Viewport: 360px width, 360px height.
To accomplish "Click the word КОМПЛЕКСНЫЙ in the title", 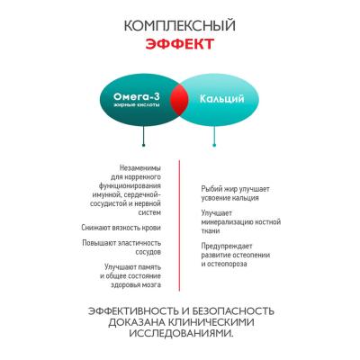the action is tap(180, 25).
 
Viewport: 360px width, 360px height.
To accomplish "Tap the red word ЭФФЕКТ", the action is tap(180, 44).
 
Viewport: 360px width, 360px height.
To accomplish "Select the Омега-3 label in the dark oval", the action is tap(137, 96).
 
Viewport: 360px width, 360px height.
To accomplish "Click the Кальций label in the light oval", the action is tap(221, 99).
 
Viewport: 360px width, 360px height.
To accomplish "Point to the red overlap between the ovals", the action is tap(179, 99).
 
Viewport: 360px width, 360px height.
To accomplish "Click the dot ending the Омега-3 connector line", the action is tap(144, 145).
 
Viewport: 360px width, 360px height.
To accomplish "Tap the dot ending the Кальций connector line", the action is tap(214, 145).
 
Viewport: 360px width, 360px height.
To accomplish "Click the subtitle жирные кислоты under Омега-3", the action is tap(137, 105).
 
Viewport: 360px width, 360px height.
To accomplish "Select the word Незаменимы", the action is tap(140, 167).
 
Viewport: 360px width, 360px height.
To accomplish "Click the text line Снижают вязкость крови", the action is tap(121, 228).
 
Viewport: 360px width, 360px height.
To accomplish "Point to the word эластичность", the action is tap(140, 243).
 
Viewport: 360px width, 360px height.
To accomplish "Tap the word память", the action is tap(149, 266).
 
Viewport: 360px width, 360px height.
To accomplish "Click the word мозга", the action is tap(151, 284).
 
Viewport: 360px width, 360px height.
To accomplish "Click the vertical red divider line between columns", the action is tap(179, 226).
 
